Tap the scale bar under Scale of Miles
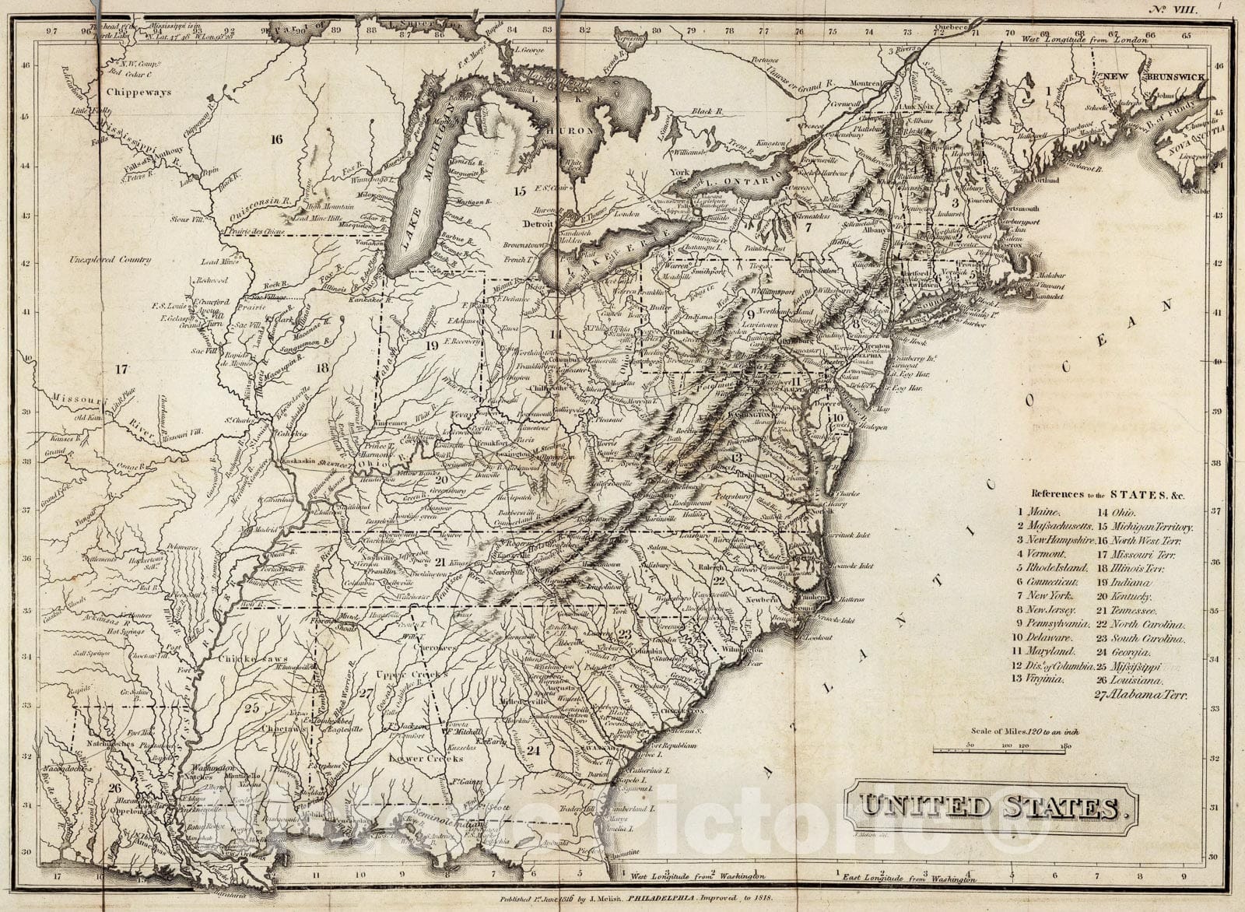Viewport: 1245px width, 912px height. point(999,750)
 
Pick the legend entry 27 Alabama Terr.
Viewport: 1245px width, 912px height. point(1140,694)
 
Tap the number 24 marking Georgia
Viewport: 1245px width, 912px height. point(533,751)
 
